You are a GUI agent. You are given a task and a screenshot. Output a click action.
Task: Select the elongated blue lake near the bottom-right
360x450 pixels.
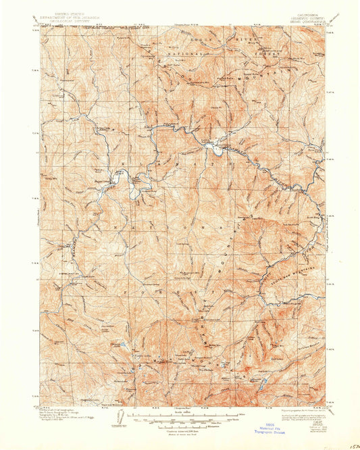262,388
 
